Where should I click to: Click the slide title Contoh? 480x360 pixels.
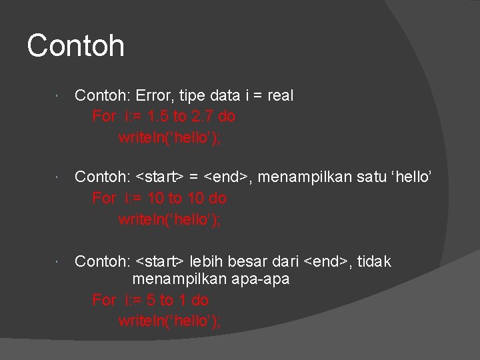point(75,46)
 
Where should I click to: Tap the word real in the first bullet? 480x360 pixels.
point(280,96)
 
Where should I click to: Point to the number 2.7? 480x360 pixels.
point(203,117)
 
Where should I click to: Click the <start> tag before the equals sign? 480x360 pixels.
point(160,177)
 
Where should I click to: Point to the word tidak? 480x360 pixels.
point(375,261)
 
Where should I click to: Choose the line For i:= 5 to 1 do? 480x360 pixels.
point(150,300)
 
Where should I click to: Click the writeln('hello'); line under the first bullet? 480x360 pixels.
point(169,137)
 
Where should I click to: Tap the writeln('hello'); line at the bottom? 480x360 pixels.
point(169,321)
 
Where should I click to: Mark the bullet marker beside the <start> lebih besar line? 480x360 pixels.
point(59,263)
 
